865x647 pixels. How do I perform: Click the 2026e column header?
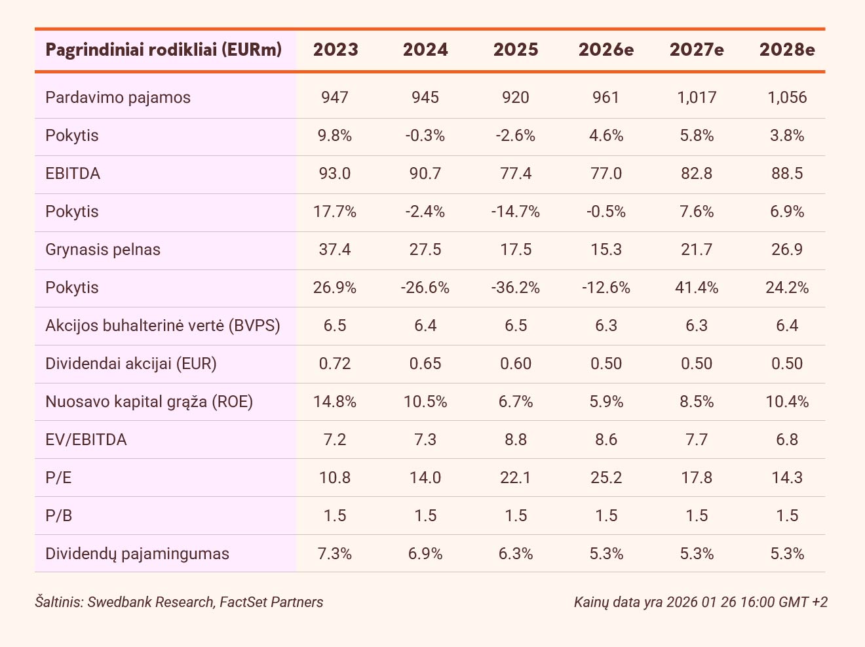[606, 50]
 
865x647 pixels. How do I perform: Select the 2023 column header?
[336, 50]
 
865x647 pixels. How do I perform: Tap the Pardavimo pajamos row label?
[118, 98]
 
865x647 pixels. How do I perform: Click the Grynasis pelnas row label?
[103, 250]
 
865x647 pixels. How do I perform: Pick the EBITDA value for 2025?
[516, 174]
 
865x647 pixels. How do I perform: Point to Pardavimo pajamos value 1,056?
[787, 98]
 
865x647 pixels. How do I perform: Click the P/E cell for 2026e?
[606, 478]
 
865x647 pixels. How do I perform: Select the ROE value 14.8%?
[335, 402]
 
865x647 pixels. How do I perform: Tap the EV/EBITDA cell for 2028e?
[787, 440]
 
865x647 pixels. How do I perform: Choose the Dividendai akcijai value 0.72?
[335, 364]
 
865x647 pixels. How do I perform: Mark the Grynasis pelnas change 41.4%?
[697, 288]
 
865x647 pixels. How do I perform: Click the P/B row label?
[59, 516]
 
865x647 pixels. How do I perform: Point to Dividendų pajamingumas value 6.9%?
[425, 554]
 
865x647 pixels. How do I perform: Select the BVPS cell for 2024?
[425, 326]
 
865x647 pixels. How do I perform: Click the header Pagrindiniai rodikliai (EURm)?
[164, 50]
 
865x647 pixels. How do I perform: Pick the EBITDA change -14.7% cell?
[516, 212]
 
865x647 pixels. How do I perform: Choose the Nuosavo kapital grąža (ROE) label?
[149, 402]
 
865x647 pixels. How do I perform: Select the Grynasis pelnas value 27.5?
[425, 250]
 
